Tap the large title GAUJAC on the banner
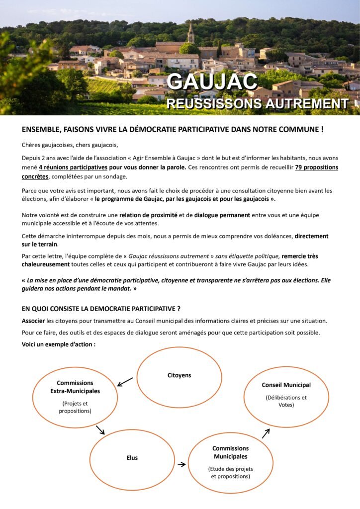pos(212,82)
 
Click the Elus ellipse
pos(132,458)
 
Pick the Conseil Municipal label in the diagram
pos(286,385)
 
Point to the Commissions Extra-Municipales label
pos(75,387)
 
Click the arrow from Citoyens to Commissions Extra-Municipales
pos(125,382)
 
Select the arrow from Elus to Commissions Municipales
pos(181,464)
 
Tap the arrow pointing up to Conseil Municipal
pos(266,433)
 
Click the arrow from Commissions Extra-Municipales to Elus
pos(100,429)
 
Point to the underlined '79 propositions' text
pos(316,168)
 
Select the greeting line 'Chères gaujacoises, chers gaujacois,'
pos(70,145)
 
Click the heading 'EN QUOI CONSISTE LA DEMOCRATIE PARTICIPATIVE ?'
pos(101,309)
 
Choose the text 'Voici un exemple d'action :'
pos(59,344)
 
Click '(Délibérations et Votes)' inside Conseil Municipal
pos(286,401)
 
